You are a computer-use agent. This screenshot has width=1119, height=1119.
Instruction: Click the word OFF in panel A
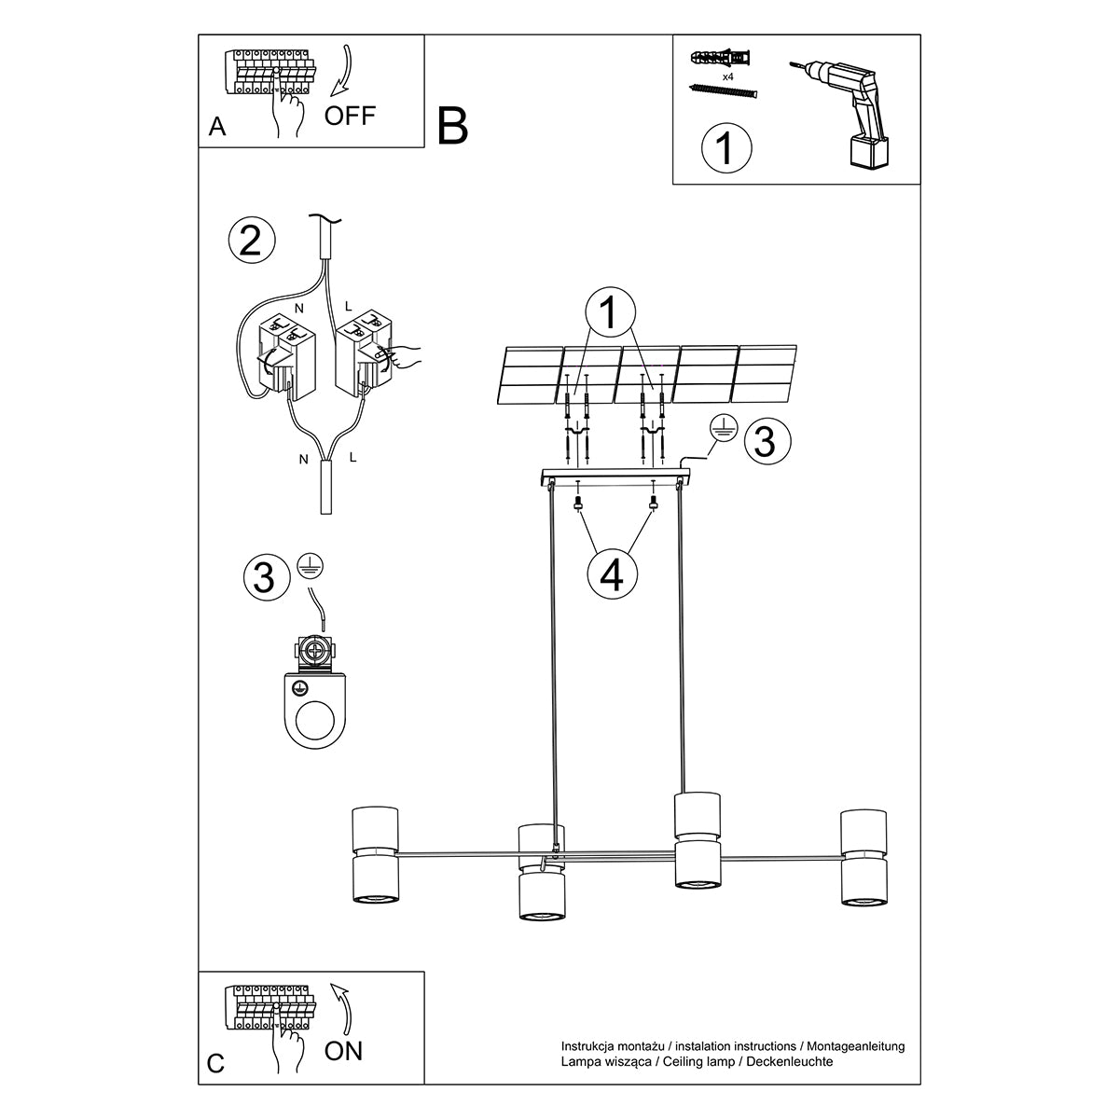click(350, 116)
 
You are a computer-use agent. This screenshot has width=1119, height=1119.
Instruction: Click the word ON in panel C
click(343, 1051)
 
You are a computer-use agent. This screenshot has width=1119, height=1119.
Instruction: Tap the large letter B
click(452, 125)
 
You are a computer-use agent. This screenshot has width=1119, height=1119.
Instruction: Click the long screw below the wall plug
click(723, 90)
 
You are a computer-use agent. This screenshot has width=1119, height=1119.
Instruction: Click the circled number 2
click(251, 241)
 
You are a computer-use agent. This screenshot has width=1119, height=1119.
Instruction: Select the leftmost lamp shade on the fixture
click(375, 855)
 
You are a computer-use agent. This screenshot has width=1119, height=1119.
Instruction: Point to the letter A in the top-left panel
click(217, 128)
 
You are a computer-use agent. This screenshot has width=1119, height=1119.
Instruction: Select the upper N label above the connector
click(298, 306)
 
